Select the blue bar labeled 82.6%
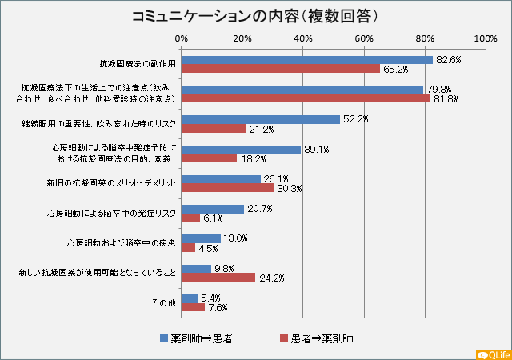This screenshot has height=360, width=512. click(x=307, y=60)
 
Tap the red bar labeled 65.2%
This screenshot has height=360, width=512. click(x=281, y=69)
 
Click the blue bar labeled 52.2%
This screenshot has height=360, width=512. click(x=261, y=119)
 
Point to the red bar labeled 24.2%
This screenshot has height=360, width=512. click(x=218, y=277)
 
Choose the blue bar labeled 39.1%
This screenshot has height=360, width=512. click(x=241, y=149)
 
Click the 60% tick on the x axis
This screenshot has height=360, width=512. click(x=364, y=38)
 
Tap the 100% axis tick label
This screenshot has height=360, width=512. click(x=485, y=38)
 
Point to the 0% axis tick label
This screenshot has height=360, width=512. click(x=182, y=38)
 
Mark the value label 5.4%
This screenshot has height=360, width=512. click(x=211, y=298)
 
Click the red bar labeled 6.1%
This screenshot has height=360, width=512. click(x=190, y=218)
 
